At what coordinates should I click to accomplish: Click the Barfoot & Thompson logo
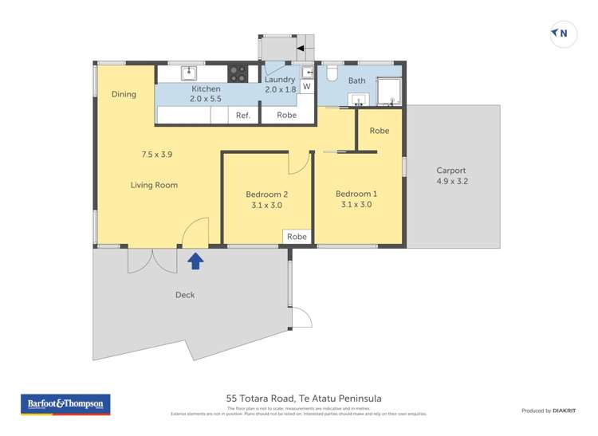pos(65,404)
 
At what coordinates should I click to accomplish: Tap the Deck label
pos(185,295)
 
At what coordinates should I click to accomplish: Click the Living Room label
pos(154,185)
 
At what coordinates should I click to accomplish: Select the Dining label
pos(124,94)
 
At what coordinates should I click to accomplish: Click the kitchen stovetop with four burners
pos(238,73)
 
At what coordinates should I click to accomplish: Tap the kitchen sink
pos(189,73)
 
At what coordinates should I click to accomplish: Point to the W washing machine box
pos(306,87)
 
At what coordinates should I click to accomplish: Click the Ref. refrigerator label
pos(243,116)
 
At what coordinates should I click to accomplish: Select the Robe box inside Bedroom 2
pos(297,237)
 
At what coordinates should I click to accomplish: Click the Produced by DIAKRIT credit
pos(548,410)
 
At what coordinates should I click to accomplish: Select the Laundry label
pos(280,80)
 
